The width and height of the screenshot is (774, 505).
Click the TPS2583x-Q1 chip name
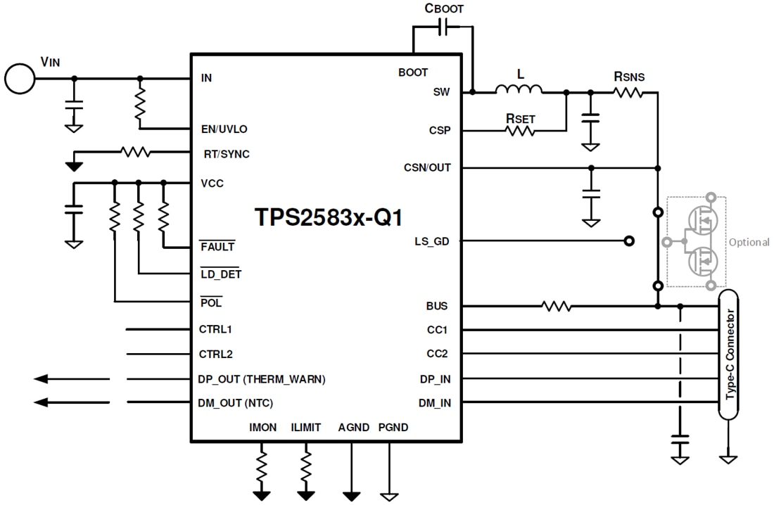pos(329,217)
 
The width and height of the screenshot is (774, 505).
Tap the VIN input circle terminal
pos(19,78)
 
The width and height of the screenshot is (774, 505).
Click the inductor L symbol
pos(519,89)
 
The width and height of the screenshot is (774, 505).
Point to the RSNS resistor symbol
pos(628,91)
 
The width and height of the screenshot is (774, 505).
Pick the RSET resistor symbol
pos(521,130)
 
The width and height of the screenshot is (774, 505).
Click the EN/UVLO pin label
pos(224,129)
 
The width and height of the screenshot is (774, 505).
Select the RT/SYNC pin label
pos(225,154)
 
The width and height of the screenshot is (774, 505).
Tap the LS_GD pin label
pos(432,241)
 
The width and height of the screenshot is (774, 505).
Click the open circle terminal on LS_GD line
pos(629,241)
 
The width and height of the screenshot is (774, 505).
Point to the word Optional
pos(749,242)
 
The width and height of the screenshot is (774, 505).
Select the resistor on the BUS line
pos(556,306)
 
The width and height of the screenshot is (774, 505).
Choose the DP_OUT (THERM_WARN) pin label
pos(262,379)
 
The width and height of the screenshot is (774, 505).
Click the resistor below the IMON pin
pos(262,464)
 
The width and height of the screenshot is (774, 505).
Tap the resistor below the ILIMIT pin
pos(306,464)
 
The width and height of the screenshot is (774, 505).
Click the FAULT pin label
pos(217,247)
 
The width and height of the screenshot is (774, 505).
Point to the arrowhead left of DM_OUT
pos(42,402)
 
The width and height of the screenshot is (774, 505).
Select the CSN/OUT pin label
pos(427,168)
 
